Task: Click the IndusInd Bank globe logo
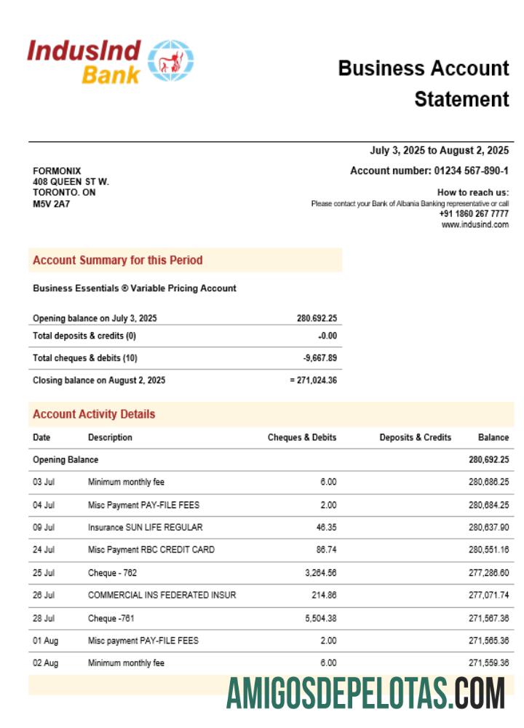pyautogui.click(x=171, y=61)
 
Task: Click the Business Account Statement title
pyautogui.click(x=424, y=83)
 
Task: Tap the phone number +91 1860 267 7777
pyautogui.click(x=474, y=214)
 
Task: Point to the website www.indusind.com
pyautogui.click(x=475, y=225)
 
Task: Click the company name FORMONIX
pyautogui.click(x=57, y=171)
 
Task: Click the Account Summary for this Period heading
pyautogui.click(x=117, y=261)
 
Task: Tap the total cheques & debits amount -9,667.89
pyautogui.click(x=319, y=358)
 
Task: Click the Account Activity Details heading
pyautogui.click(x=94, y=414)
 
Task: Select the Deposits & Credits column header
pyautogui.click(x=416, y=438)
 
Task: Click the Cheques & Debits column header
pyautogui.click(x=302, y=438)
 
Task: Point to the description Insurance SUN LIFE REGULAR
pyautogui.click(x=145, y=527)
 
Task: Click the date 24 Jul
pyautogui.click(x=44, y=550)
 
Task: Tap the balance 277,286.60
pyautogui.click(x=488, y=573)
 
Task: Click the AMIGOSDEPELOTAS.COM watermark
pyautogui.click(x=365, y=693)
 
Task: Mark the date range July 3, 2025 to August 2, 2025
pyautogui.click(x=439, y=151)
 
